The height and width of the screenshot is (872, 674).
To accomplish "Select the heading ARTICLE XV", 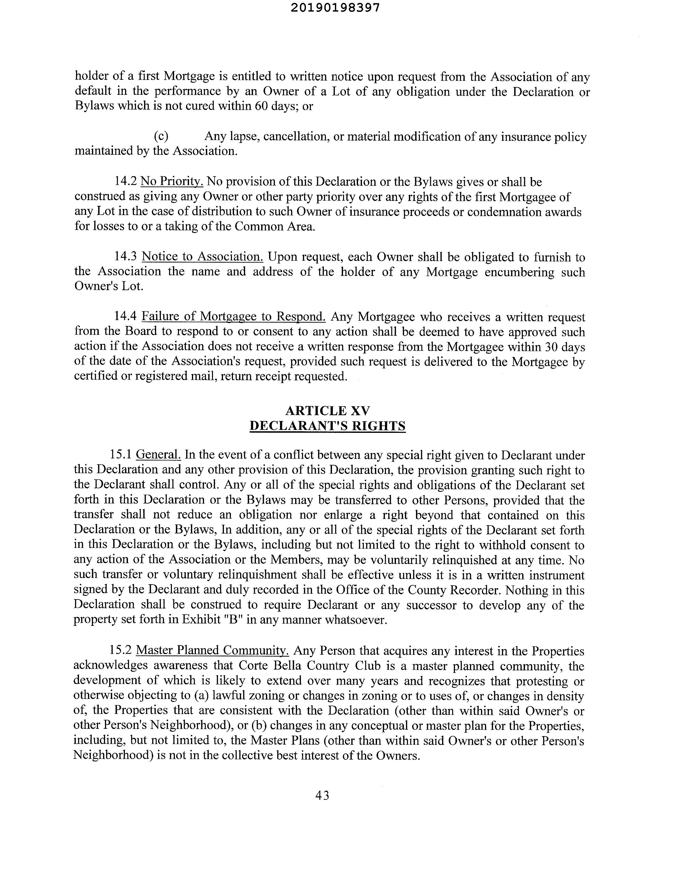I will tap(328, 410).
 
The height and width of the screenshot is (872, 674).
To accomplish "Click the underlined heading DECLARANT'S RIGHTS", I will tap(328, 426).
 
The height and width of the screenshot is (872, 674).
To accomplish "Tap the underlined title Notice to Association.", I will tap(202, 256).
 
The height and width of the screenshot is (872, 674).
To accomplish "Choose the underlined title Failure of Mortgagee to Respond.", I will tap(234, 317).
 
